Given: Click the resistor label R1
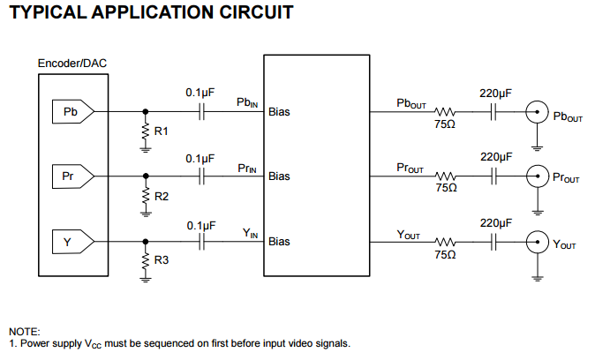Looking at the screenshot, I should [x=161, y=131].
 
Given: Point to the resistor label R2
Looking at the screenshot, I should [x=161, y=196].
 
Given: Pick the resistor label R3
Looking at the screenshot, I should [x=161, y=260].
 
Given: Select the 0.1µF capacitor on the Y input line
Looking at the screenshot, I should [x=201, y=240].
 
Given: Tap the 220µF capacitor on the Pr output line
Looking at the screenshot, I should [x=495, y=176].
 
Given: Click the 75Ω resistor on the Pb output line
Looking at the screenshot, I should [x=445, y=112].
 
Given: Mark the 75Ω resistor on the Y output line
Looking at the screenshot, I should [x=445, y=240].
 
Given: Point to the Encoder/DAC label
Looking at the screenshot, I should [x=72, y=64].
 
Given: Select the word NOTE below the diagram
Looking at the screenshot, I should [x=24, y=331].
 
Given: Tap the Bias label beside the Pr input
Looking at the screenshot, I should [x=279, y=176].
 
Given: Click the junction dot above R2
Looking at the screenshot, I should [x=146, y=176].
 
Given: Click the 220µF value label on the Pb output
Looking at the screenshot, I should [x=495, y=93].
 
